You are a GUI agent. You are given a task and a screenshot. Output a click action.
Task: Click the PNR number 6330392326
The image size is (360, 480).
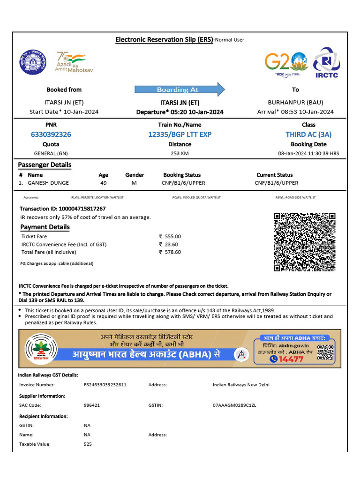(51, 135)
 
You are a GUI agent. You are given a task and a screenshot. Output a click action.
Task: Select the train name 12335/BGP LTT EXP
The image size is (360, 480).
(180, 135)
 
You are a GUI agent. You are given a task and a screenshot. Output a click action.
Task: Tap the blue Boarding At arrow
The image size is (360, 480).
(180, 90)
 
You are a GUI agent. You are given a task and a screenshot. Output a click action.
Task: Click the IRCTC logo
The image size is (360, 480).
(327, 62)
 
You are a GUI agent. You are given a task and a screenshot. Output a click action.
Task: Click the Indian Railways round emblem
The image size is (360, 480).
(33, 62)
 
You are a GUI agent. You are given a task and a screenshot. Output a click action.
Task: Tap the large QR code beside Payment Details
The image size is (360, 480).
(305, 242)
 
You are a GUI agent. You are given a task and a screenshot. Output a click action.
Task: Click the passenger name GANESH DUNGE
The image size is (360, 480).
(48, 183)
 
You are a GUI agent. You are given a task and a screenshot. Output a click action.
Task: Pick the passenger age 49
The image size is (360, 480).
(104, 183)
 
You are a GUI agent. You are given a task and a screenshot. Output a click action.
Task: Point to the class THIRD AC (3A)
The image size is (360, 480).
(308, 135)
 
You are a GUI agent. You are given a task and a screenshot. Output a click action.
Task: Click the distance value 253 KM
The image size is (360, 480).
(180, 153)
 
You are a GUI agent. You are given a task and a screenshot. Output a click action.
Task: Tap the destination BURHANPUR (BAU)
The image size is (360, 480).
(295, 102)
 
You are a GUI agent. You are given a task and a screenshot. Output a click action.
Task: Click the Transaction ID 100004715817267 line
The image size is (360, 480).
(62, 209)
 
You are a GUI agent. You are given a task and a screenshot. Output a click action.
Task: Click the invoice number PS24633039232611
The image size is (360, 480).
(105, 385)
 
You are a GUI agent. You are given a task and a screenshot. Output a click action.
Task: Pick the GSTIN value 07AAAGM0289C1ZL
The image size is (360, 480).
(235, 405)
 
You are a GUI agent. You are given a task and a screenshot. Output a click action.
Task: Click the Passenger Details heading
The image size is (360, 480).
(45, 165)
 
